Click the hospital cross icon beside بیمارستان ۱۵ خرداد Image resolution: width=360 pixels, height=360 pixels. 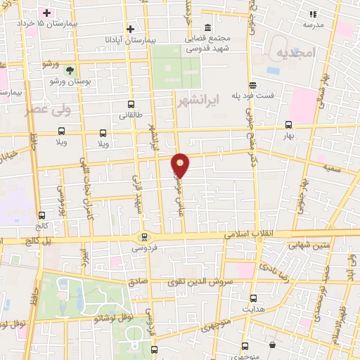pyautogui.click(x=47, y=13)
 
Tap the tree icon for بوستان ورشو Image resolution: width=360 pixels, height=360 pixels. pyautogui.click(x=69, y=70)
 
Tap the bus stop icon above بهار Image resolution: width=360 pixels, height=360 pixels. pyautogui.click(x=288, y=124)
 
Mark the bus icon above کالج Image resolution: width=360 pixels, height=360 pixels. pyautogui.click(x=41, y=215)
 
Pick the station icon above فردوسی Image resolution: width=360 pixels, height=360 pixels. pyautogui.click(x=144, y=237)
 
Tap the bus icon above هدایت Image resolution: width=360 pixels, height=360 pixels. pyautogui.click(x=253, y=298)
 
